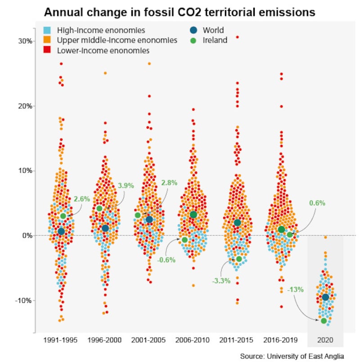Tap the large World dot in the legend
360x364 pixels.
(193, 31)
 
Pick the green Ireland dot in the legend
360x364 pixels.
(193, 40)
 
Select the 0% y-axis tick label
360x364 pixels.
(27, 235)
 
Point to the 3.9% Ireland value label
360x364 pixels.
(126, 185)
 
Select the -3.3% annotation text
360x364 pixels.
(221, 281)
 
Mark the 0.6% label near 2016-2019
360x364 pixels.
(317, 203)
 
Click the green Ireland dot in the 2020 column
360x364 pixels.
(324, 321)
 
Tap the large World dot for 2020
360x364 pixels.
(325, 297)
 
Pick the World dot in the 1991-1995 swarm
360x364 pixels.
(61, 231)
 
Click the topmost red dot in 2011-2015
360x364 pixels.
(237, 37)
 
